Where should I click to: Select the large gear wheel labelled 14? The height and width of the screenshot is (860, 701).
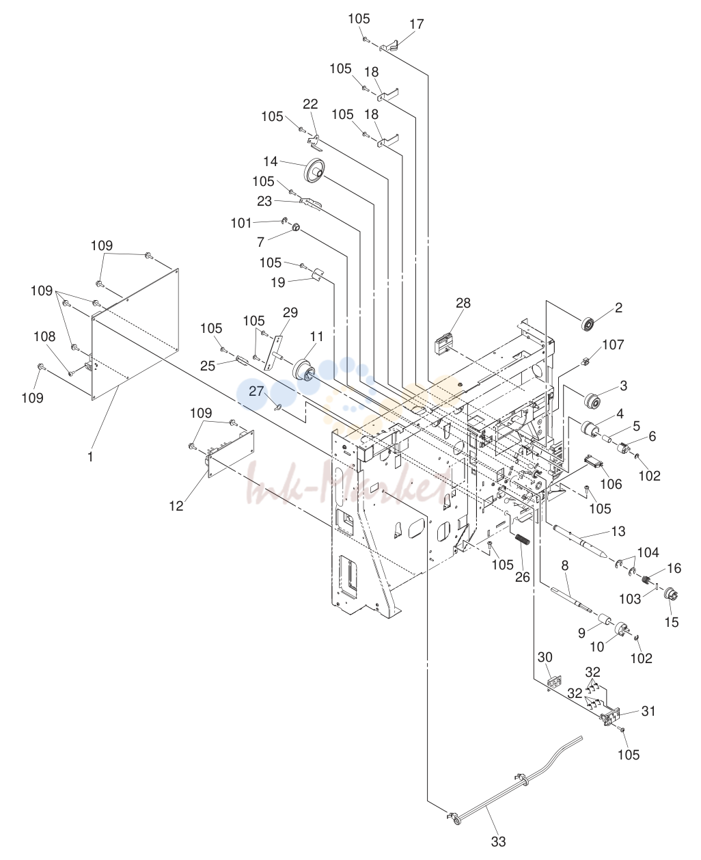tap(314, 170)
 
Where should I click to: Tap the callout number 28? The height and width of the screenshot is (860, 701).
tap(463, 303)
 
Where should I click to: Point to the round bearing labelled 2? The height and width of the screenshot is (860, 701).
tap(588, 325)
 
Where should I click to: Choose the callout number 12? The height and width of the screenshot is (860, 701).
tap(176, 506)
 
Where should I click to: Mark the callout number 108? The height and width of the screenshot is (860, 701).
tap(44, 336)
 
